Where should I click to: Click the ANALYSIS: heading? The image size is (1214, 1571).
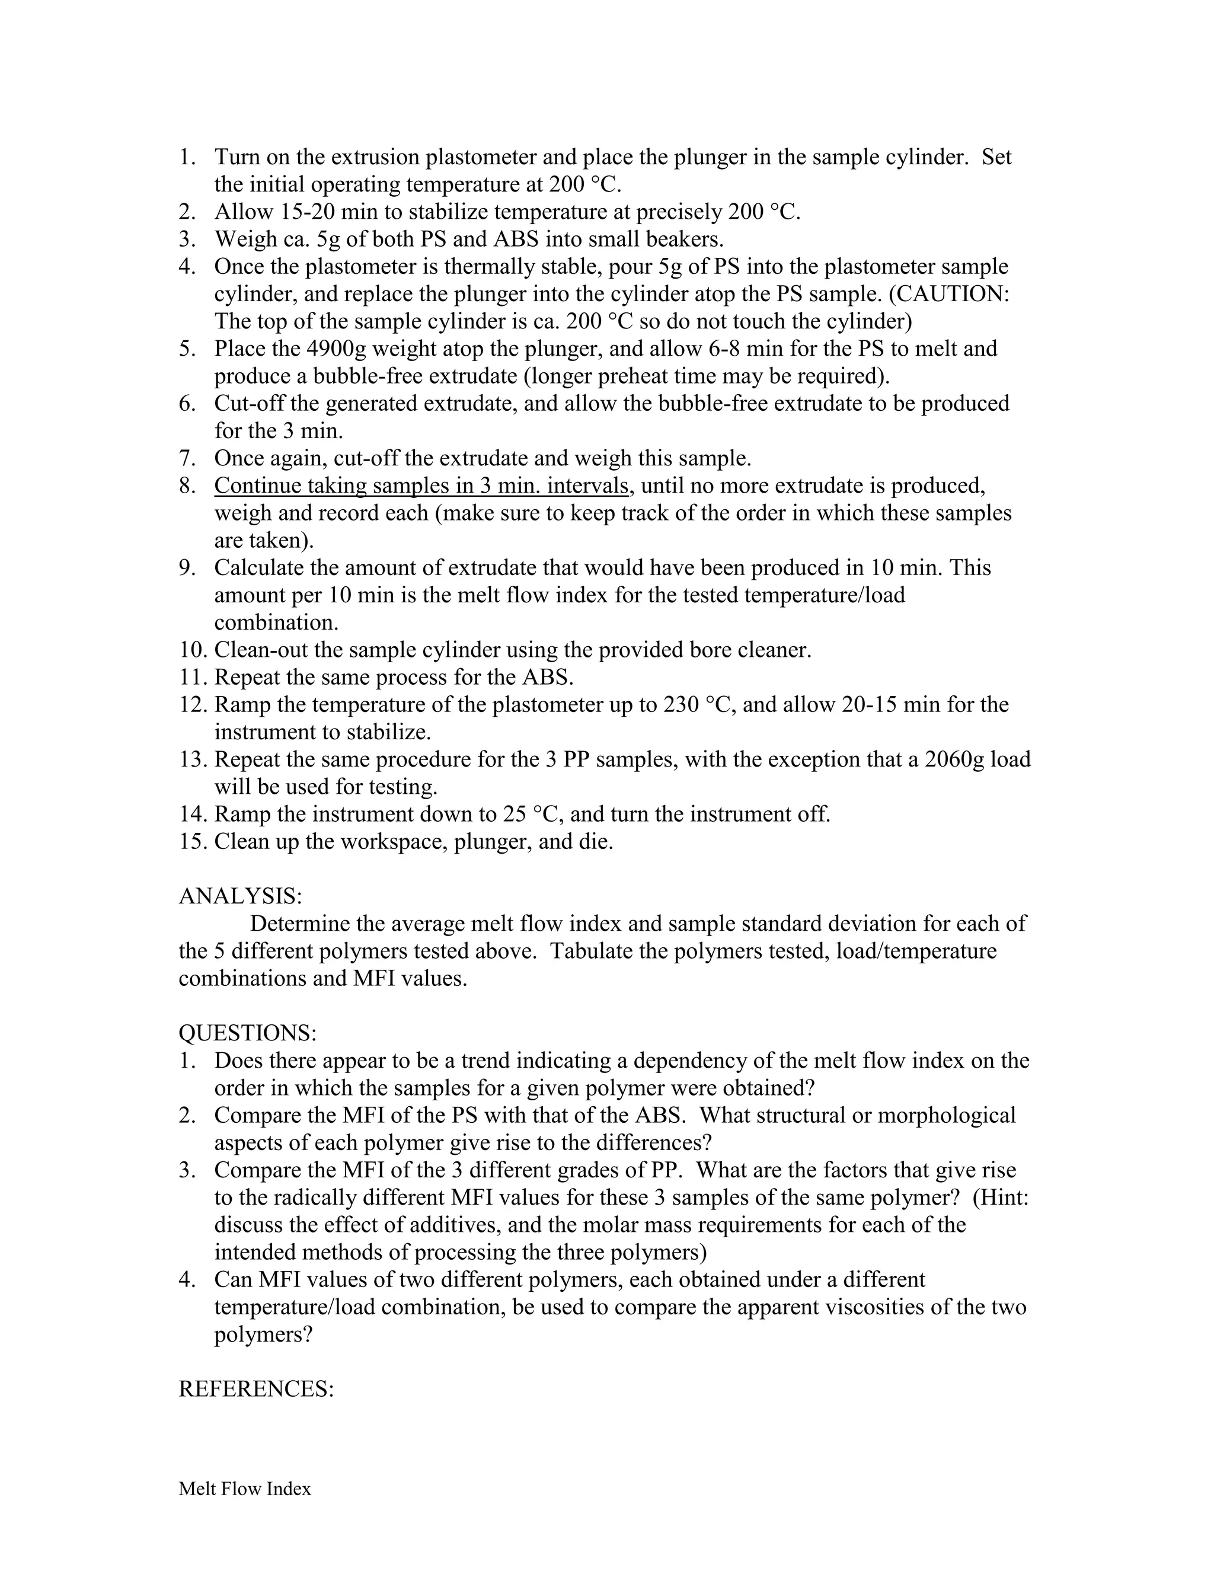240,896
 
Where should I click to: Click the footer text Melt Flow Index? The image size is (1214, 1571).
245,1489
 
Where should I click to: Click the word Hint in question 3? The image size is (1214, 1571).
997,1198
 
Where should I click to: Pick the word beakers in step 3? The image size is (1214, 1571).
684,240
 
